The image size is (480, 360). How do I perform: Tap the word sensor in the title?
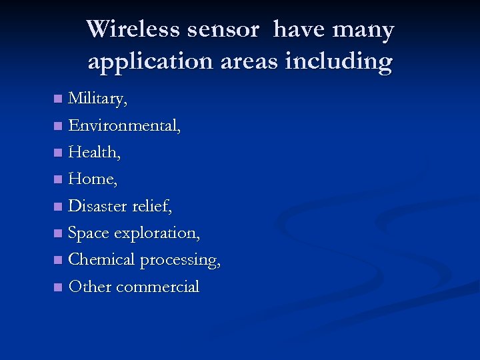227,30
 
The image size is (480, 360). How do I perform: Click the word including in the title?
338,62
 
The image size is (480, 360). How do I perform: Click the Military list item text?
97,99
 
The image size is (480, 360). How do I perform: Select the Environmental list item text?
124,126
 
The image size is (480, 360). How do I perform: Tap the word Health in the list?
94,153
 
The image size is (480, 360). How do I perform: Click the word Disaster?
97,207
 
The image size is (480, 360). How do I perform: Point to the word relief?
151,207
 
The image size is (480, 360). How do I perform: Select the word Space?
89,233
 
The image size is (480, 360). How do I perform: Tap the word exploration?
157,234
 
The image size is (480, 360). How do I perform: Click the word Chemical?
102,260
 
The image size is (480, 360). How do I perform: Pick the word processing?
180,261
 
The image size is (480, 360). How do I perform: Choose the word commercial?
157,287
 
